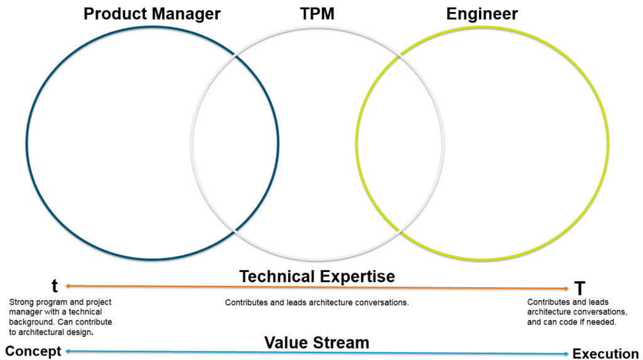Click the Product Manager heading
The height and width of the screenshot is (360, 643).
tap(152, 13)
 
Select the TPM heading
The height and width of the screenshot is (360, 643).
tap(318, 13)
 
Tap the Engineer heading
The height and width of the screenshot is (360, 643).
tap(482, 13)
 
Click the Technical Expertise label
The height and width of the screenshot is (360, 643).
tap(317, 276)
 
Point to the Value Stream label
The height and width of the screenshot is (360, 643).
tap(316, 342)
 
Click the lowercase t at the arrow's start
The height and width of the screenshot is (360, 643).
tap(55, 286)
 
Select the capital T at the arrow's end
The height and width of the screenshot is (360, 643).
tap(580, 288)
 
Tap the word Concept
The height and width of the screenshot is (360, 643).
tap(33, 351)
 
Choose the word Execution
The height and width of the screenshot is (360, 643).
tap(605, 354)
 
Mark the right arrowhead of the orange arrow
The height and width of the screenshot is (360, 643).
tap(567, 288)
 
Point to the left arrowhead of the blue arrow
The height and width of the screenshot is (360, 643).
tap(68, 351)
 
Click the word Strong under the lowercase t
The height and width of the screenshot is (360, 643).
tap(21, 302)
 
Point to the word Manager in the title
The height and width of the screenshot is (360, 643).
tap(188, 13)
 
